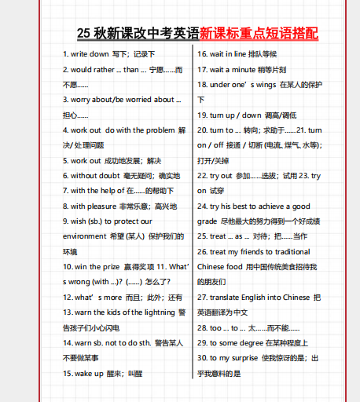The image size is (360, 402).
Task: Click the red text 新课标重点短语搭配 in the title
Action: pyautogui.click(x=259, y=33)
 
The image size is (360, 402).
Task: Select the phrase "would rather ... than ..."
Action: pyautogui.click(x=111, y=69)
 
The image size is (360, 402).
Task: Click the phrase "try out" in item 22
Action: pyautogui.click(x=222, y=176)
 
